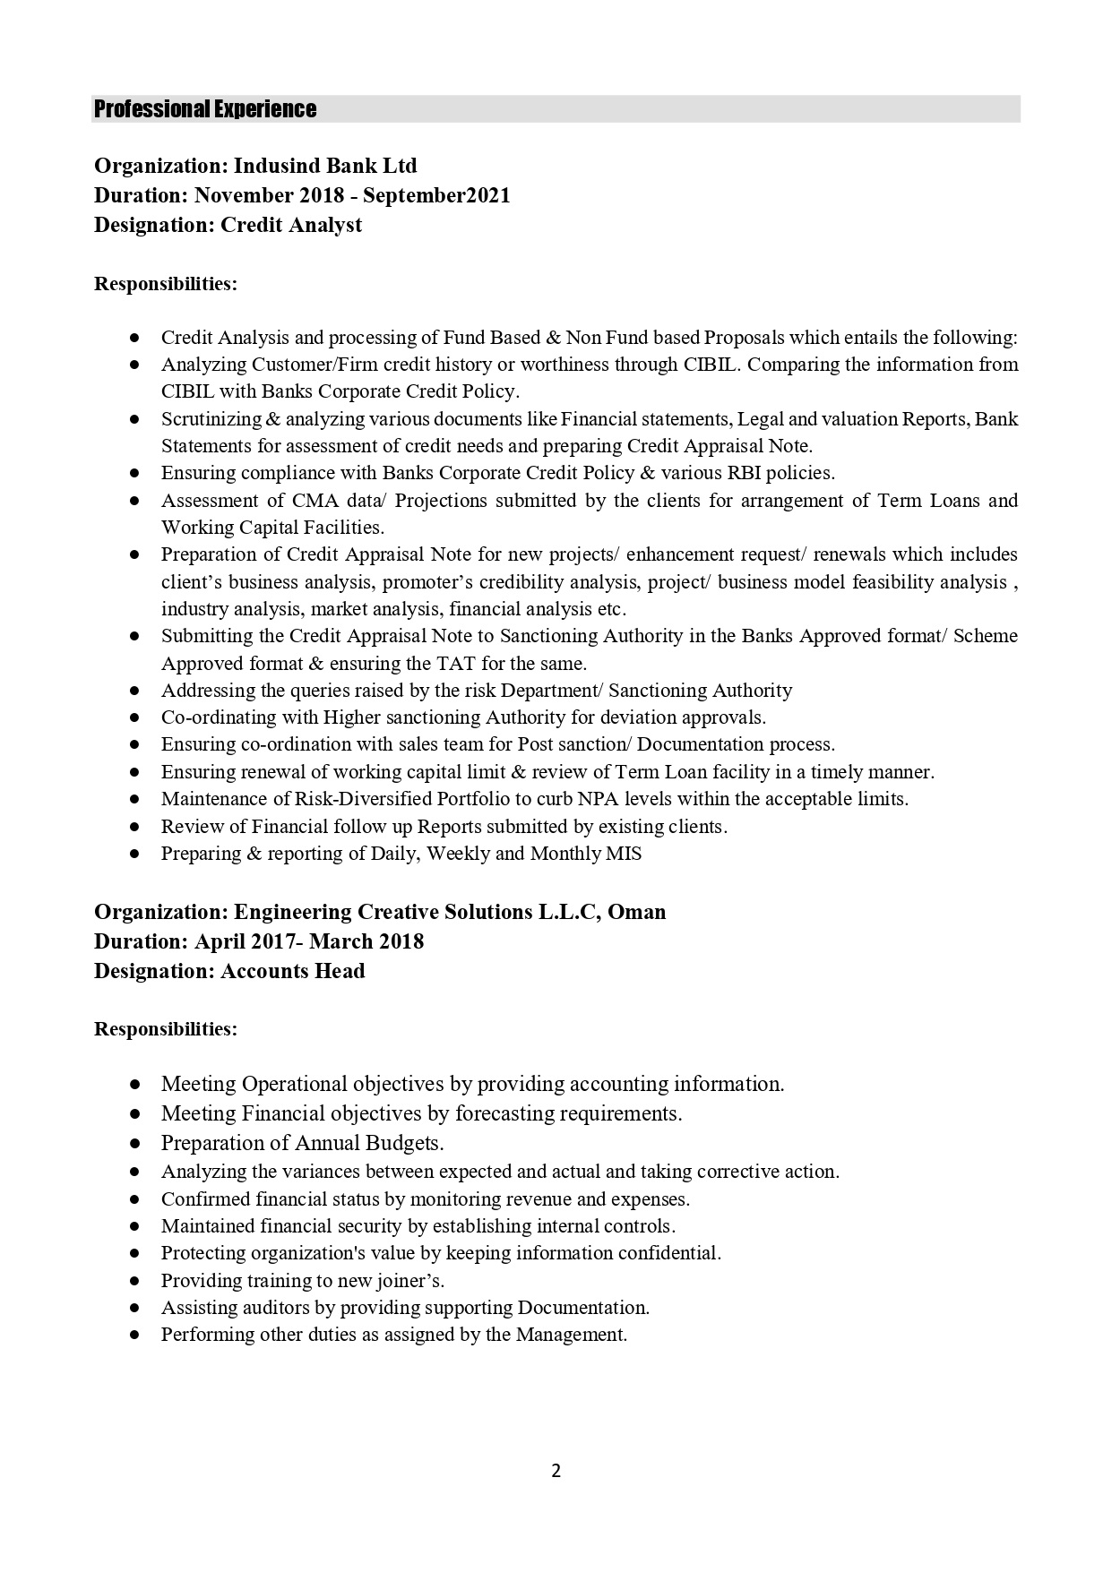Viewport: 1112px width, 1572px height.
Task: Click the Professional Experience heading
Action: (205, 109)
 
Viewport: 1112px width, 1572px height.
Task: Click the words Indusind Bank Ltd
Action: (325, 166)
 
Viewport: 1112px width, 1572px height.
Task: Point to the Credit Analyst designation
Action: (291, 225)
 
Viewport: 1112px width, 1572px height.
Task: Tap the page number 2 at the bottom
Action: (556, 1470)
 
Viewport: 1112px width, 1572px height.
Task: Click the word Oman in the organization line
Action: (637, 912)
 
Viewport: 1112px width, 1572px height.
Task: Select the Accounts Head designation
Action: (293, 971)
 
